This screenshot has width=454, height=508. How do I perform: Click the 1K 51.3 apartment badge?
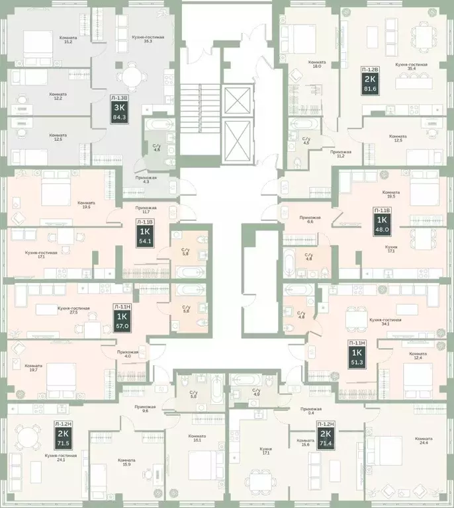[x=357, y=354]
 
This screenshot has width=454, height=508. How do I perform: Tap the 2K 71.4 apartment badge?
[x=326, y=435]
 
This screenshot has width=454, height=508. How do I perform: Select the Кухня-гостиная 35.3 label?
[x=148, y=40]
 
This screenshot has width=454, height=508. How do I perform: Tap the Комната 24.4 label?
[x=424, y=441]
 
